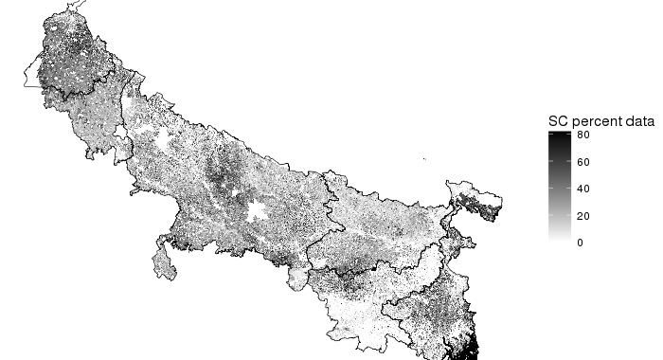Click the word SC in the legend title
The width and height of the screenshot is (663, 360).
pos(559,122)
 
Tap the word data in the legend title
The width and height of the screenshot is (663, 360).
pos(639,122)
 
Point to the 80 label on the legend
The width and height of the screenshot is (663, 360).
pos(584,135)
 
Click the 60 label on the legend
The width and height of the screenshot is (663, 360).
pos(584,162)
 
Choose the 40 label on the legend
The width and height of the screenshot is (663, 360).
pos(584,189)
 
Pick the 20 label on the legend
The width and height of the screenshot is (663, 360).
pos(584,216)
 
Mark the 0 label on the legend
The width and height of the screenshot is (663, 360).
pos(581,243)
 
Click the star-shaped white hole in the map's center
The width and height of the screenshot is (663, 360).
pos(255,210)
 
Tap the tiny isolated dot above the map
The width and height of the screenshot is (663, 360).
pos(424,158)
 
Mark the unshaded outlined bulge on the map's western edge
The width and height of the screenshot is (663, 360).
pos(35,73)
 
